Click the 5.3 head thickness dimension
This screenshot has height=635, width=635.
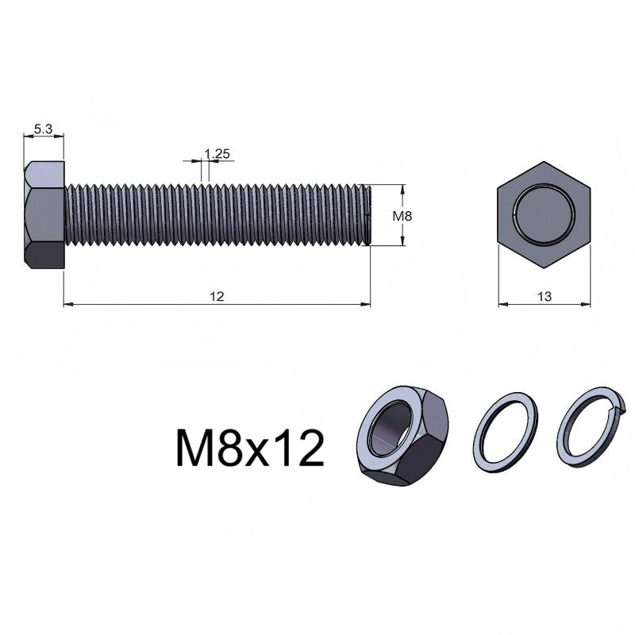[43, 129]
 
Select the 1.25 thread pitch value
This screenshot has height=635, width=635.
[217, 154]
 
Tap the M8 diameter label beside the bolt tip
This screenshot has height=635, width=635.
[402, 216]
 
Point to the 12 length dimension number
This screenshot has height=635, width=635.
[217, 296]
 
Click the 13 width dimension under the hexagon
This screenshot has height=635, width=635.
[545, 296]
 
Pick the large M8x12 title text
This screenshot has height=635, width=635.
[250, 448]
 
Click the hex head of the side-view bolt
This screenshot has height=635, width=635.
[44, 214]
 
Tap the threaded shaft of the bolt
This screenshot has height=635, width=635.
[217, 214]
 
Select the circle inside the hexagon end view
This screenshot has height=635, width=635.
[545, 214]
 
